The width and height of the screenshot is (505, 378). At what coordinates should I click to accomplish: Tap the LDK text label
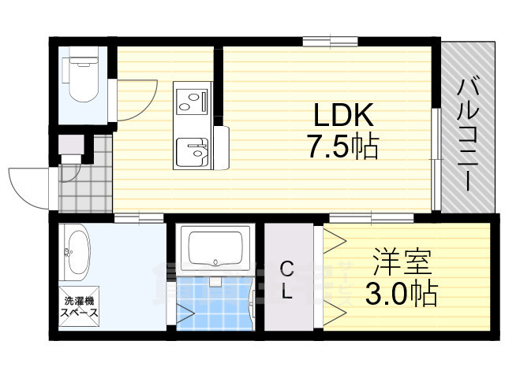click(x=344, y=117)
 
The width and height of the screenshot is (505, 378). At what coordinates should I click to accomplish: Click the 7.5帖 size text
click(x=344, y=146)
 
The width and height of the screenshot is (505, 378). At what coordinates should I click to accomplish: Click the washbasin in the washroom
click(x=77, y=251)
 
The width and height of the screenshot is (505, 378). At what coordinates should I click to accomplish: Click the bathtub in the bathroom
click(x=215, y=248)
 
